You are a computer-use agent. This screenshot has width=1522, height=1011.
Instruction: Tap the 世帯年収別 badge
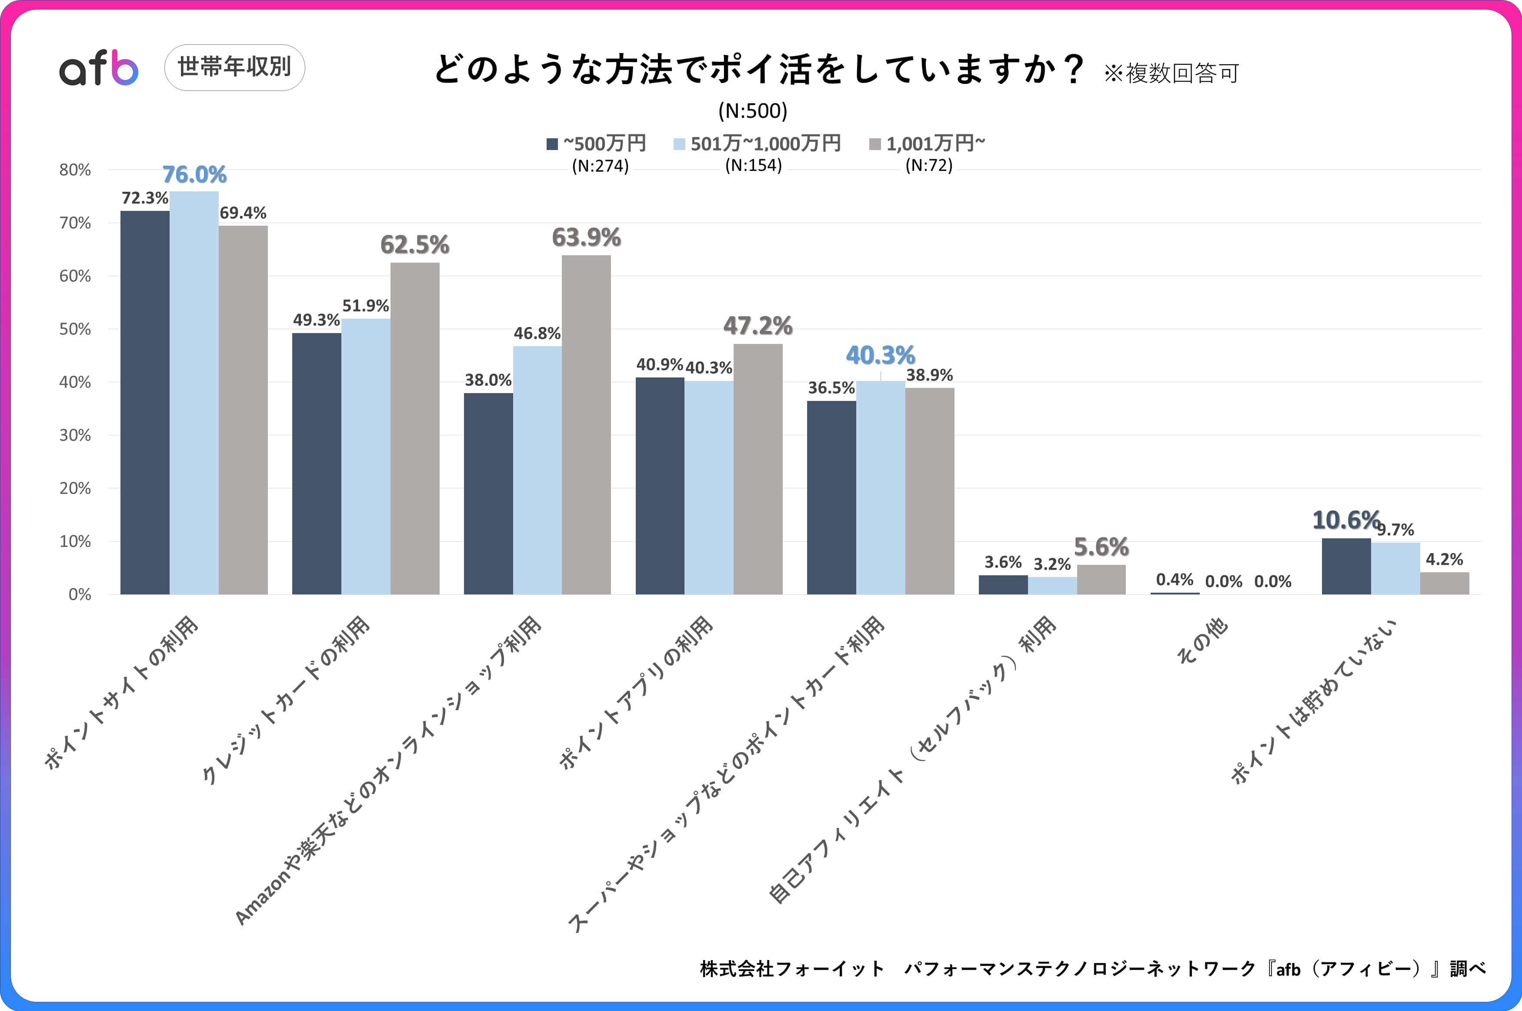click(x=235, y=67)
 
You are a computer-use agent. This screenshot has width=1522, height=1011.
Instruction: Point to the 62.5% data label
click(x=414, y=245)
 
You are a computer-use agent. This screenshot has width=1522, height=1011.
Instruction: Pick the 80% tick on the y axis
click(x=75, y=170)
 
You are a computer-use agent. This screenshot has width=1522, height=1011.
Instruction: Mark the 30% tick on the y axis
click(x=75, y=435)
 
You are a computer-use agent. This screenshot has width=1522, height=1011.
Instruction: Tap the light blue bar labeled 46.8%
click(x=537, y=470)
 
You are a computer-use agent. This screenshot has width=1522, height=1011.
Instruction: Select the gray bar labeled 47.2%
click(x=758, y=469)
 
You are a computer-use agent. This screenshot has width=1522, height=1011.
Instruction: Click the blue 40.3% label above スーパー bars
click(x=880, y=355)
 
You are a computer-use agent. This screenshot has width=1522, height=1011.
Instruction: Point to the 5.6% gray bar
click(x=1101, y=580)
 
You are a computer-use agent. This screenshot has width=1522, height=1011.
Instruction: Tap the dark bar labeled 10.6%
click(x=1346, y=566)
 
